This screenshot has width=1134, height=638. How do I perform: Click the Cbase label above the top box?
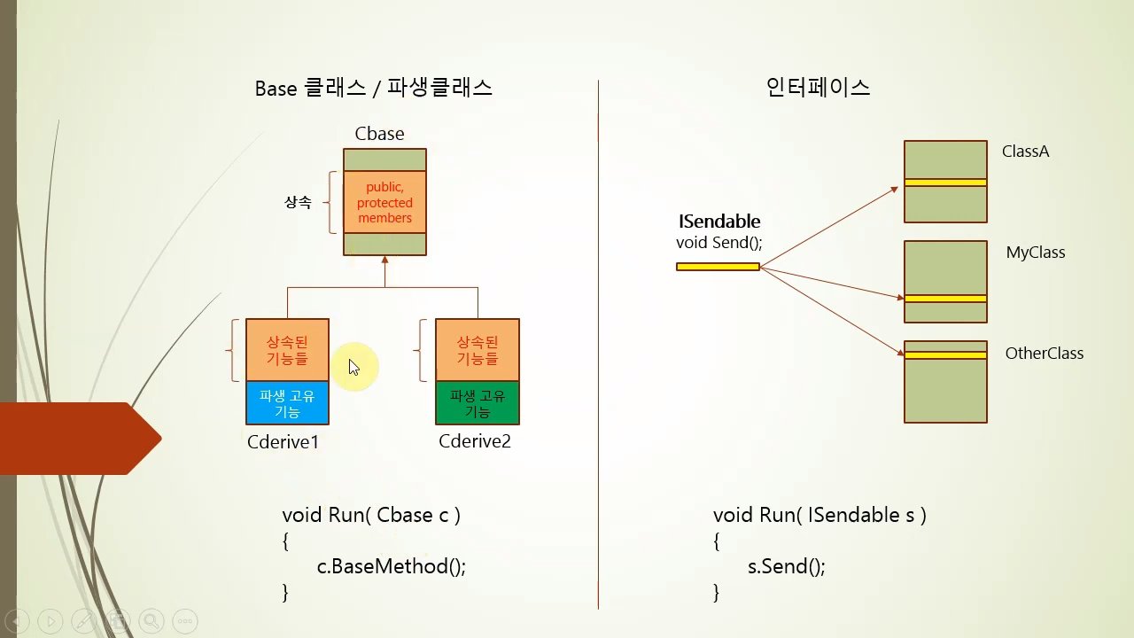point(379,134)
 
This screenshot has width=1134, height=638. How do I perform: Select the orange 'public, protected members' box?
point(384,202)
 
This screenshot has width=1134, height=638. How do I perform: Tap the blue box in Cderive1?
point(287,402)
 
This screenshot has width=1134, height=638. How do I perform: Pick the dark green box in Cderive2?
point(478,402)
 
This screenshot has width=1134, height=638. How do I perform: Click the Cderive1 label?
point(283,442)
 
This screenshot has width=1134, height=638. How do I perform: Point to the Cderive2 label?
point(475,441)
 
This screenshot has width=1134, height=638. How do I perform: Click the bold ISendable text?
point(718,222)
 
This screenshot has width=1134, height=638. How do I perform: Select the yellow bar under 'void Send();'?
point(718,267)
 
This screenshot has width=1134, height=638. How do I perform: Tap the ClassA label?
point(1025,151)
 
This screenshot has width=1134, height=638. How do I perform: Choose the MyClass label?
point(1036,253)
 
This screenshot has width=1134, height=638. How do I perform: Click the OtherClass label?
point(1045,353)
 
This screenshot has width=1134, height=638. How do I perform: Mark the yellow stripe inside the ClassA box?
point(945,183)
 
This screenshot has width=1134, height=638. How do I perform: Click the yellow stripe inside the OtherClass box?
point(945,355)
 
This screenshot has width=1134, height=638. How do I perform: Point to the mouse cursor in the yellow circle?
point(353,367)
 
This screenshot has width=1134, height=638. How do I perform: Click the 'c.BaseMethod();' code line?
point(391,566)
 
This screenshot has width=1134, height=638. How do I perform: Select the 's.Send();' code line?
point(786,566)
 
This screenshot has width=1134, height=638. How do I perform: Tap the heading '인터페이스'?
point(818,88)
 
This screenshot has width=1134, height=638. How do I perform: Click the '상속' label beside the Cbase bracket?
point(298,202)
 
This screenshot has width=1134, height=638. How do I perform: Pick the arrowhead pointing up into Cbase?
point(384,260)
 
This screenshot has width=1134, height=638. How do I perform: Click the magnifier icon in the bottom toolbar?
point(151,621)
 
